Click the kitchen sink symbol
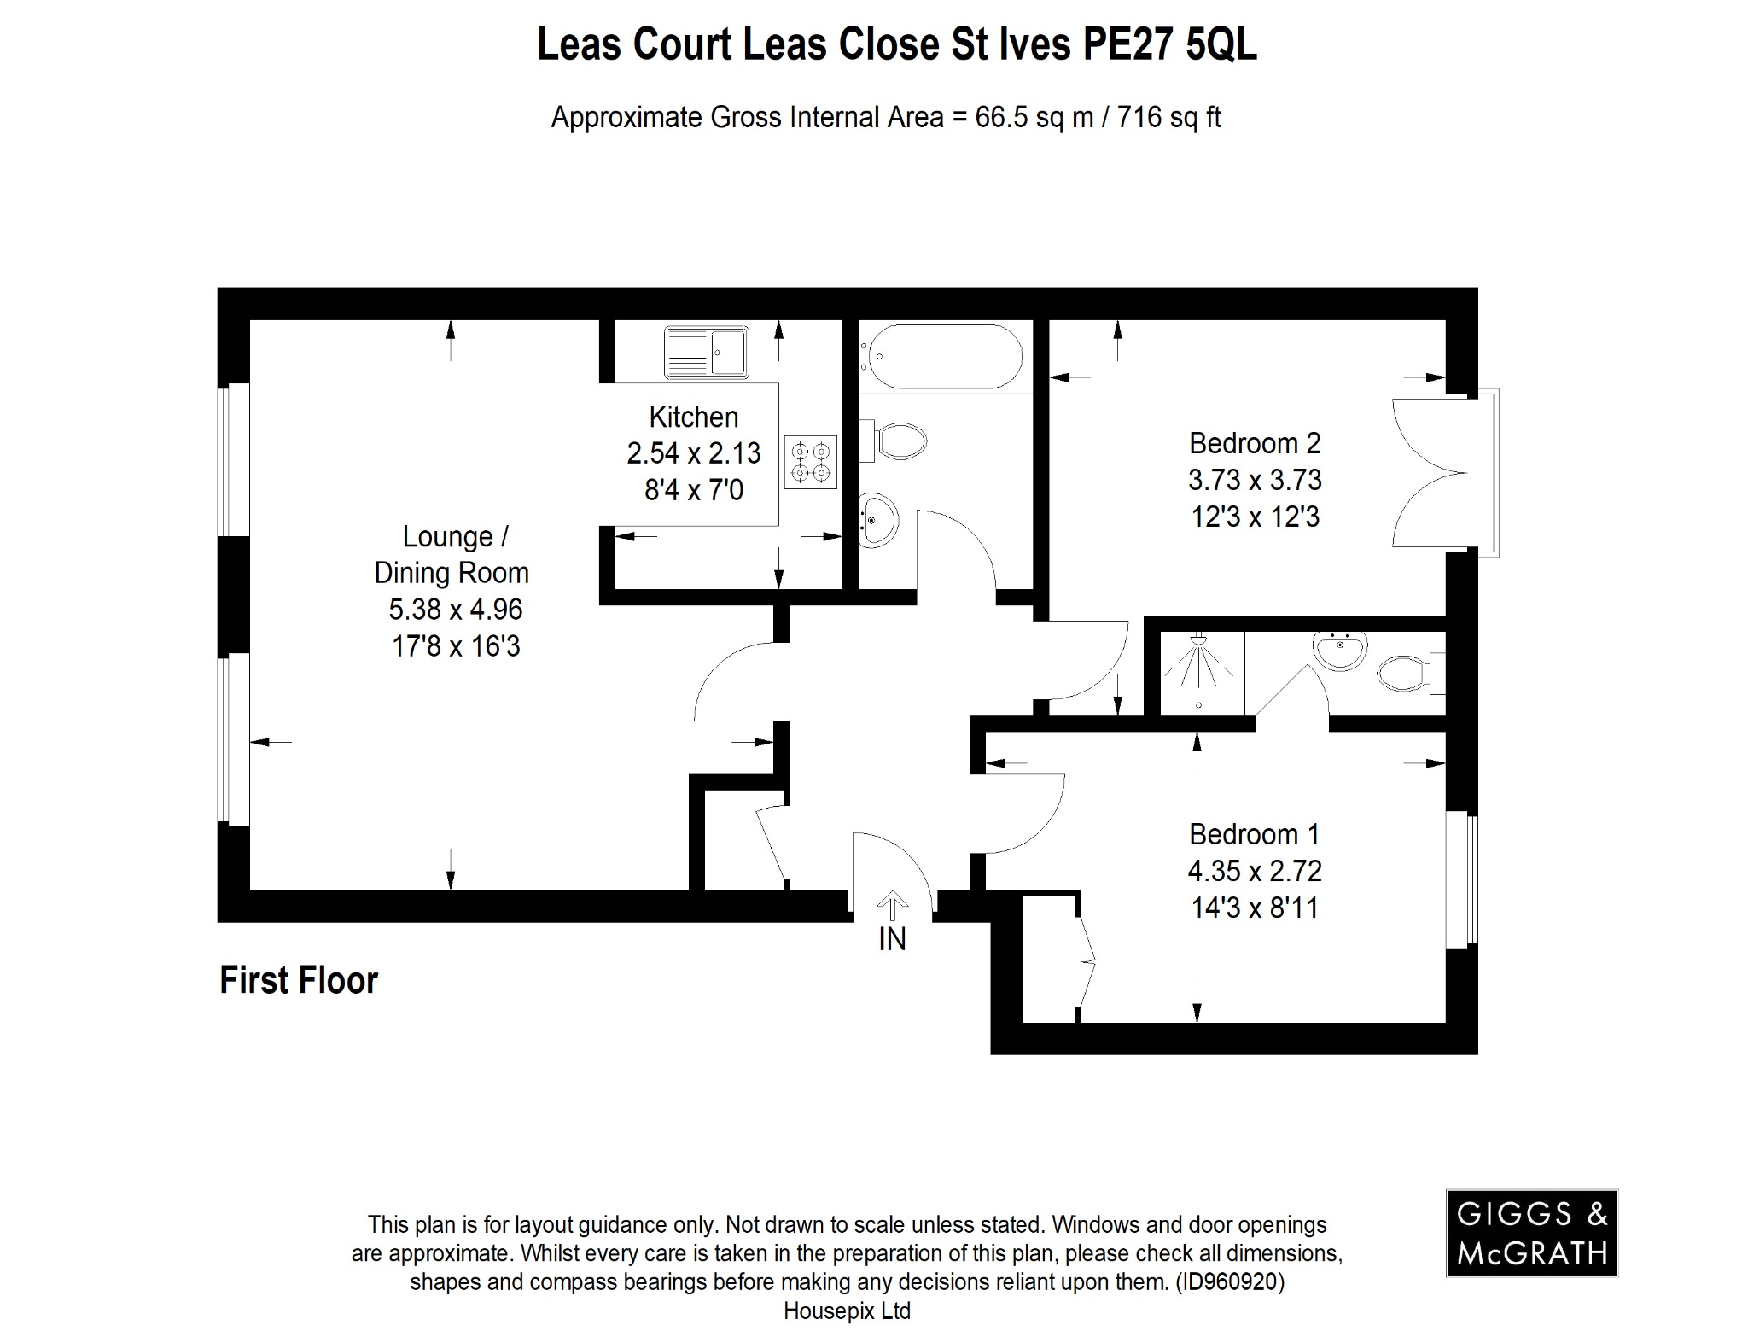coord(707,352)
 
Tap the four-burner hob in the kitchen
coord(810,462)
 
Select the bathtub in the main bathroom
coord(941,357)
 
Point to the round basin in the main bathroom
coord(877,520)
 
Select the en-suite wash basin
coord(1341,651)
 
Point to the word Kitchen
coord(693,417)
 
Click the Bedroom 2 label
coord(1254,443)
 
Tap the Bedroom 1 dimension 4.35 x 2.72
coord(1254,871)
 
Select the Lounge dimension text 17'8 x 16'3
coord(455,646)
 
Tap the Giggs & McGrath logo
coord(1531,1232)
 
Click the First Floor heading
coord(298,980)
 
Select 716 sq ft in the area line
coord(1168,117)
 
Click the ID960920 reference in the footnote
coord(1229,1281)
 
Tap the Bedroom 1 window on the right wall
coord(1460,879)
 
